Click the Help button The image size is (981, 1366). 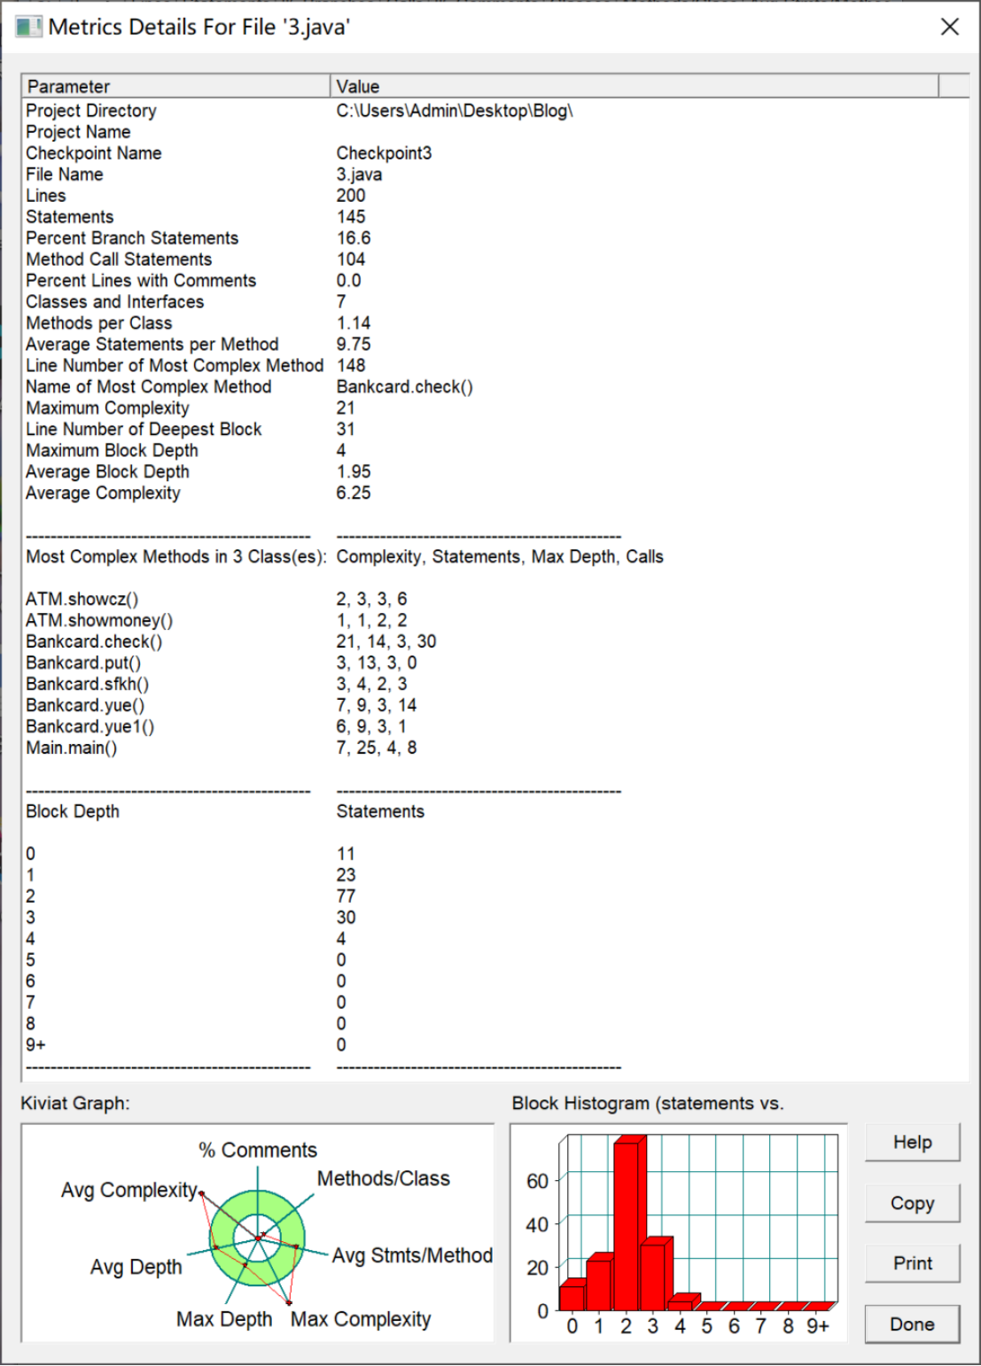912,1142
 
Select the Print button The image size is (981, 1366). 912,1263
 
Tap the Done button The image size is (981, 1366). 912,1324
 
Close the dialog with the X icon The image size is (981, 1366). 949,27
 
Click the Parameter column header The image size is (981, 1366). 69,86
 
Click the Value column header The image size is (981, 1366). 358,86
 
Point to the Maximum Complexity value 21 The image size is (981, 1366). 346,408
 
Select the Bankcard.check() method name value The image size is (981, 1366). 404,387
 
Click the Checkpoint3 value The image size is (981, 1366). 384,153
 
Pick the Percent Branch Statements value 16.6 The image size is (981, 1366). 354,238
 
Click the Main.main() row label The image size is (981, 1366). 71,748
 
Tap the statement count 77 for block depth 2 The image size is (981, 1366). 346,896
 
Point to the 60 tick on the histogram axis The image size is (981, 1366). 537,1181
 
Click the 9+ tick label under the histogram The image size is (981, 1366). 817,1326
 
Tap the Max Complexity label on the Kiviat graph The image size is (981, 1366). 361,1319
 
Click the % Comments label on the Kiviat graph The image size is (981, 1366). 258,1150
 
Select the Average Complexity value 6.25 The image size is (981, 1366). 354,493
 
